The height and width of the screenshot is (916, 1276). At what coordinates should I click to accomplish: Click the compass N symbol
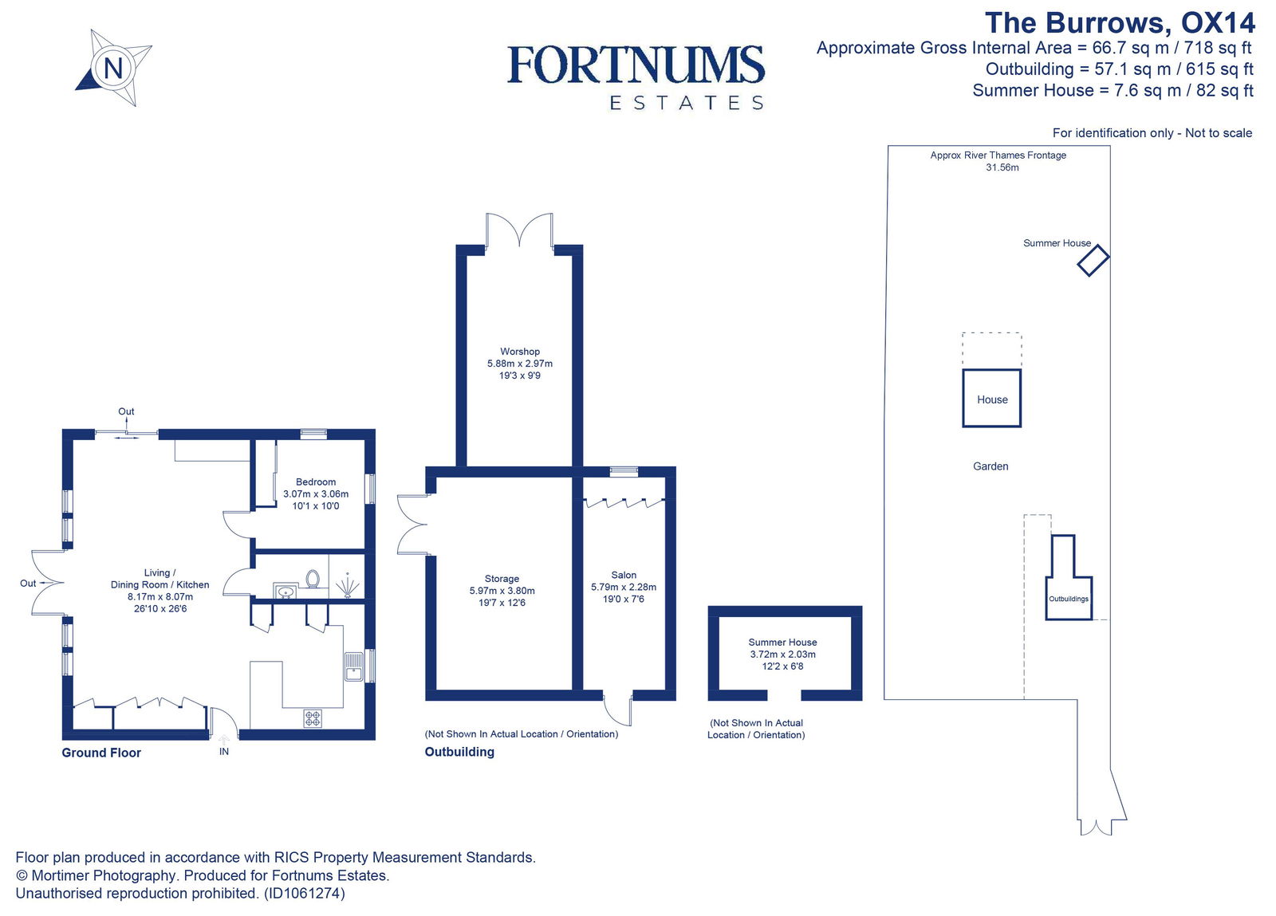[x=113, y=68]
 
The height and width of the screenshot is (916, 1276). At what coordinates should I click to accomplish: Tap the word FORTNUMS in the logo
[x=636, y=65]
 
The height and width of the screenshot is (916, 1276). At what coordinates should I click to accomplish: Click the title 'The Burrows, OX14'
[x=1119, y=23]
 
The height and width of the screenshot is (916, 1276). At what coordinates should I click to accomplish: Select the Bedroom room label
[x=316, y=482]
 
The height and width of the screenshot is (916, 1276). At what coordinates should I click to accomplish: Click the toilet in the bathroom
[x=313, y=578]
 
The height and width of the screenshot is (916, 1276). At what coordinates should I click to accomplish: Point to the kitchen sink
[x=353, y=666]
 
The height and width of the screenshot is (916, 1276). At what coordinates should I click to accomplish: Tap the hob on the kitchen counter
[x=313, y=717]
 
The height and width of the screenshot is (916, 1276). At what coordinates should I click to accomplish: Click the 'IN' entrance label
[x=224, y=751]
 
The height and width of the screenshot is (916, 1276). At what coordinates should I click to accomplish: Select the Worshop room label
[x=520, y=351]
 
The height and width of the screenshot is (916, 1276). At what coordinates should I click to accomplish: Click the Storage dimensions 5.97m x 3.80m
[x=502, y=591]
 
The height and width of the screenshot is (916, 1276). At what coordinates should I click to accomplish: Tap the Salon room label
[x=624, y=575]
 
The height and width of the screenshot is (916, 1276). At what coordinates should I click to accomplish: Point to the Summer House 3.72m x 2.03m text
[x=782, y=654]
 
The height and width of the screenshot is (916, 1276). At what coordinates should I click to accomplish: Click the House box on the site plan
[x=992, y=399]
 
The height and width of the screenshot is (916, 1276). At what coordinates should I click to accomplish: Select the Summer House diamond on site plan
[x=1093, y=260]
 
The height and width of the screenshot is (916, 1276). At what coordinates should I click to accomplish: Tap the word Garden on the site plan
[x=990, y=466]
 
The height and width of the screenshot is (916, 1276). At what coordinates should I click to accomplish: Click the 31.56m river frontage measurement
[x=1002, y=167]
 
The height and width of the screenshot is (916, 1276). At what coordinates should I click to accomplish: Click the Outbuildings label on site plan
[x=1069, y=599]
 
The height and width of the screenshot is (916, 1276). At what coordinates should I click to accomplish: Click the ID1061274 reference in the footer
[x=303, y=893]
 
